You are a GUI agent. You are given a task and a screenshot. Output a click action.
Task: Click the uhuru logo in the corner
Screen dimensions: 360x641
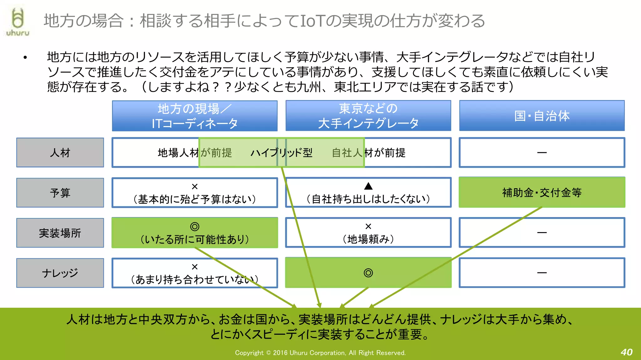[18, 22]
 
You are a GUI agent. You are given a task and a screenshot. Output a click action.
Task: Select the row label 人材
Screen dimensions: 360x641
[60, 153]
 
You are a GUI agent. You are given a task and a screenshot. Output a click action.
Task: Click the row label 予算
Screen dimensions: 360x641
[60, 193]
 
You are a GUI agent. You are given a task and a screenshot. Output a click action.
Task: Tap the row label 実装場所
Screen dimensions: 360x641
[60, 233]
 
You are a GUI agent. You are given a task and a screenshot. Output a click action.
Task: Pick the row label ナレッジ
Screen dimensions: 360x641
[60, 273]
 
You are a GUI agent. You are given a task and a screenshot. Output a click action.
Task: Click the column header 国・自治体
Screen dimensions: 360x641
[542, 116]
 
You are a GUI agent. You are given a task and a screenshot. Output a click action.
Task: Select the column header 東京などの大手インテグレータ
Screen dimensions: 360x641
[368, 116]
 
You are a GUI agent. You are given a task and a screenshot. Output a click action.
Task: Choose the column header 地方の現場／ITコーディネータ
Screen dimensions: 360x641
[195, 116]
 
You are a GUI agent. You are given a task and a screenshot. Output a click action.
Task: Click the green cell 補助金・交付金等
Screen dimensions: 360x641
[542, 192]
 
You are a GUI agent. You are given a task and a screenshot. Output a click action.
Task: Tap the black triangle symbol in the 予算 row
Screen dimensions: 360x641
[368, 186]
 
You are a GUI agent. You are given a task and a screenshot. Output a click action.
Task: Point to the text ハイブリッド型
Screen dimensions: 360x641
[281, 153]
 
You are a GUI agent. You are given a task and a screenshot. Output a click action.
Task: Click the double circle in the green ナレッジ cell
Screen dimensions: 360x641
[368, 273]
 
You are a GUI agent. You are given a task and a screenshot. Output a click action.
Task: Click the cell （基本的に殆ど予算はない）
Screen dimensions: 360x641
[195, 193]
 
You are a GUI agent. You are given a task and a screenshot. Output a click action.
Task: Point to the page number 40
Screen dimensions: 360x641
[627, 352]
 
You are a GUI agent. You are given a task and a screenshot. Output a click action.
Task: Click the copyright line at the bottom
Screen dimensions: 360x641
[320, 353]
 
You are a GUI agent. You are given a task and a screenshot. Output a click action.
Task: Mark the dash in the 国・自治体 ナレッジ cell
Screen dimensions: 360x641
[542, 273]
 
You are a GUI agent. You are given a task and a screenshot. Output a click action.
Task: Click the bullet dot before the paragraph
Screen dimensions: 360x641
[25, 57]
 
